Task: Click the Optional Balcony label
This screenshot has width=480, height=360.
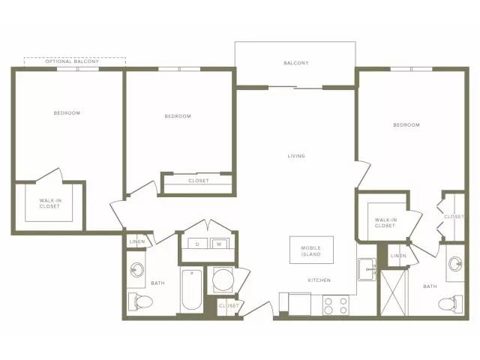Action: (x=72, y=61)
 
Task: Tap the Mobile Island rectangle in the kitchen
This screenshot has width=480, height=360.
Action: (x=311, y=250)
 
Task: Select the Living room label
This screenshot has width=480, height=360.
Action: (x=296, y=156)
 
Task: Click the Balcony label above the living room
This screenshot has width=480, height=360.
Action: (x=296, y=63)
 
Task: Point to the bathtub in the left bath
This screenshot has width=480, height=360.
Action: (x=192, y=289)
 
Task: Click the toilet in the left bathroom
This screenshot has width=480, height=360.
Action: (x=140, y=301)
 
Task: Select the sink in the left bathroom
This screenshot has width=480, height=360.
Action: (x=136, y=270)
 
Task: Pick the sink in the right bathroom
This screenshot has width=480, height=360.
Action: (x=456, y=263)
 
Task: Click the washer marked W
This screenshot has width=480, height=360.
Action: (x=219, y=244)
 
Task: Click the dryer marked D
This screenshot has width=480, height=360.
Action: (x=197, y=244)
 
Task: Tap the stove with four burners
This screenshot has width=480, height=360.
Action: (x=336, y=305)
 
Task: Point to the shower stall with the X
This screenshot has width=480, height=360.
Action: (x=394, y=292)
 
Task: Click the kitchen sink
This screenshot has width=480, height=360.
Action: (x=367, y=269)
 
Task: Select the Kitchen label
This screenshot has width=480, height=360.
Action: (x=319, y=280)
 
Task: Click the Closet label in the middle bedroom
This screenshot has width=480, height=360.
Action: (x=199, y=181)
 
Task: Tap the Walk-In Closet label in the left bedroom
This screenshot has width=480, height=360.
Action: (x=50, y=203)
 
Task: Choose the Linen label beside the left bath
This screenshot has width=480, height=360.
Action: (x=137, y=241)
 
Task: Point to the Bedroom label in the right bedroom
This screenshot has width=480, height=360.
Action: (x=406, y=125)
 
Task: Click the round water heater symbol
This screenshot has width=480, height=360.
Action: (x=222, y=280)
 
